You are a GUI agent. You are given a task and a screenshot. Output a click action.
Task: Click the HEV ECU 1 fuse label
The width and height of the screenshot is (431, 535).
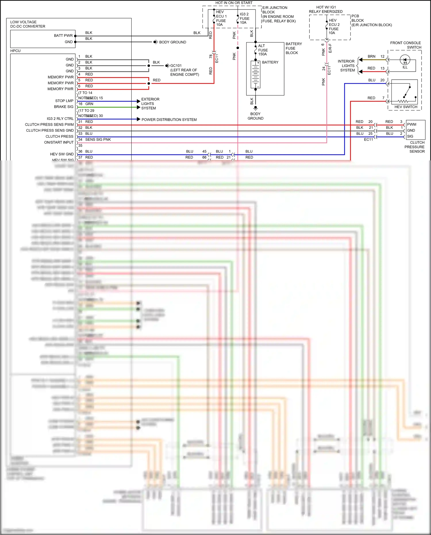(221, 18)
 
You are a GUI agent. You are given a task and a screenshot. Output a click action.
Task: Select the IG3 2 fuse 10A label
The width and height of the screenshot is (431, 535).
(244, 18)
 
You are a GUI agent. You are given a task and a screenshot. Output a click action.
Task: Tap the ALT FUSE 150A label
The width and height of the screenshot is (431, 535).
(263, 50)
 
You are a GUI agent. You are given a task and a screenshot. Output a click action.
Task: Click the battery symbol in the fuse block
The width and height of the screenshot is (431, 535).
(255, 74)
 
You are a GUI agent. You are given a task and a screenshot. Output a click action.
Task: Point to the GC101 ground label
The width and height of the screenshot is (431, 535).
(176, 66)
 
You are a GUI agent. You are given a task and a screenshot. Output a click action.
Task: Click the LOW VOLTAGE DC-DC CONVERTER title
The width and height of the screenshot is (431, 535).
(28, 24)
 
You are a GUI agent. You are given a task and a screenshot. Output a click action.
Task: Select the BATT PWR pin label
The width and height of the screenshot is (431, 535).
(63, 36)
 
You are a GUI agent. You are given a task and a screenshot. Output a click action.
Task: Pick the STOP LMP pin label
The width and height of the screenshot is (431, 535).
(64, 101)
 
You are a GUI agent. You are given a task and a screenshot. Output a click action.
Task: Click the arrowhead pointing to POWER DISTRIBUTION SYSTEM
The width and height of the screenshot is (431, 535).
(138, 119)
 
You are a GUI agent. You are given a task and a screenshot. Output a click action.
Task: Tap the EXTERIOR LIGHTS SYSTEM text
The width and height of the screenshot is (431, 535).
(150, 104)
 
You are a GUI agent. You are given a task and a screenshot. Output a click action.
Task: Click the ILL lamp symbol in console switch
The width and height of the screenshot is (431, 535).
(405, 60)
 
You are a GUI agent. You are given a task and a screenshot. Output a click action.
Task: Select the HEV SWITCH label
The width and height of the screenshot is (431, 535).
(405, 107)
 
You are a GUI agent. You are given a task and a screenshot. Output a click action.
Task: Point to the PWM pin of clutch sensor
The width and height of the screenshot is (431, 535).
(411, 124)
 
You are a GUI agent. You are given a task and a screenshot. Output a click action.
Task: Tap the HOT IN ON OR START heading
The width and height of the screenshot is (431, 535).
(234, 3)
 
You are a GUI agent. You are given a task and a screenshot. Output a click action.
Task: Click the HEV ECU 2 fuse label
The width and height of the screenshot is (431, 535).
(334, 27)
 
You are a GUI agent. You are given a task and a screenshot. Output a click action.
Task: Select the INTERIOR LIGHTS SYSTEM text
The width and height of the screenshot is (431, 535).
(347, 66)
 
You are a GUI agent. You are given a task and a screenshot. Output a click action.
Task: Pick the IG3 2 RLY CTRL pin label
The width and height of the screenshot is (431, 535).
(60, 119)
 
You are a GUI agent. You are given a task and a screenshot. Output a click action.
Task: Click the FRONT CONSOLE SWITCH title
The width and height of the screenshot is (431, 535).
(405, 45)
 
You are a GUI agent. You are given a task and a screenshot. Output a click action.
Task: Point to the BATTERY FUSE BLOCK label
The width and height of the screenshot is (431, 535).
(293, 48)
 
